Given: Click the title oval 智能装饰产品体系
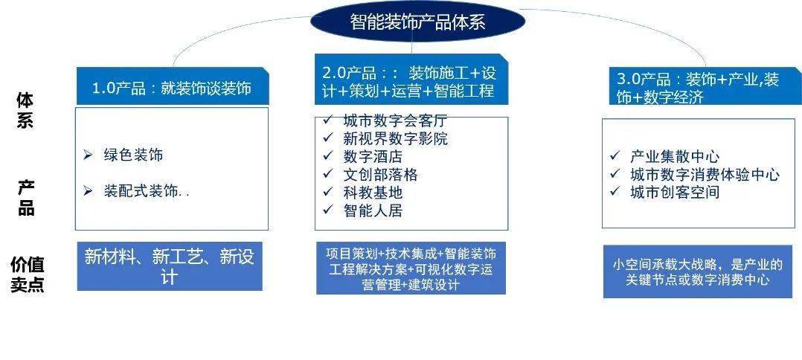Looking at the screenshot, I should (416, 22).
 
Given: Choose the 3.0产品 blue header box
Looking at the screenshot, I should (696, 88).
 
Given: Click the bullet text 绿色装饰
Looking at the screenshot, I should (133, 155).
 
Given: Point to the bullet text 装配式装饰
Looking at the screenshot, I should (146, 191).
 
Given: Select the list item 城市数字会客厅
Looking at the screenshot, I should (394, 120).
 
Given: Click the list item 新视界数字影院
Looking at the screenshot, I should (394, 138).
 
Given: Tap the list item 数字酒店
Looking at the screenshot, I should (373, 157).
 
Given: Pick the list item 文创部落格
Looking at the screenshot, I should (380, 175).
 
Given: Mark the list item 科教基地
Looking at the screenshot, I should (373, 193).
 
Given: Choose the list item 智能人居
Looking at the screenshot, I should (373, 210).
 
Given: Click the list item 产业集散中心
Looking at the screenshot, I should (674, 156).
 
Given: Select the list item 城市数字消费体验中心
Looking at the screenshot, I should (704, 175).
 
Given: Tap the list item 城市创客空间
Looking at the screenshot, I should (674, 193).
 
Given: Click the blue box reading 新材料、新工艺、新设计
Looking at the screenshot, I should (170, 266).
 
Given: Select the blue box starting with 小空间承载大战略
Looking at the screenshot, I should (697, 272).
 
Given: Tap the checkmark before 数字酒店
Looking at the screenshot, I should (328, 156).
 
